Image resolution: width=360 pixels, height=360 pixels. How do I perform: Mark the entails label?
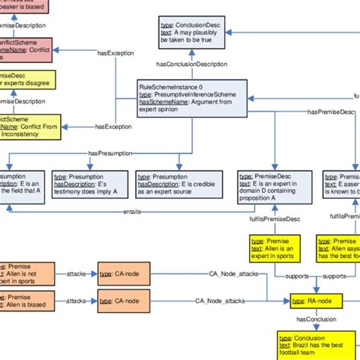(132, 211)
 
